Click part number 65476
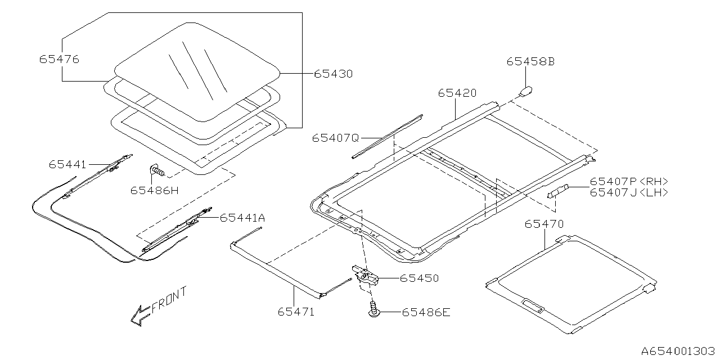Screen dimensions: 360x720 point(59,59)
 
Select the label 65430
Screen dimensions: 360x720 point(333,74)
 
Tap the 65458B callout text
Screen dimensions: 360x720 point(530,62)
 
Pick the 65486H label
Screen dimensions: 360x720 point(154,190)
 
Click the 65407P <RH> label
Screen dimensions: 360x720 point(629,182)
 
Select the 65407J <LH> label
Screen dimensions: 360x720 point(629,192)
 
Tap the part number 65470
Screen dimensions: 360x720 point(544,224)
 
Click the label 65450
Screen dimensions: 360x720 point(419,278)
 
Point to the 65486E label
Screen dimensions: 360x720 point(426,312)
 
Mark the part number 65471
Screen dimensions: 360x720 point(296,311)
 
